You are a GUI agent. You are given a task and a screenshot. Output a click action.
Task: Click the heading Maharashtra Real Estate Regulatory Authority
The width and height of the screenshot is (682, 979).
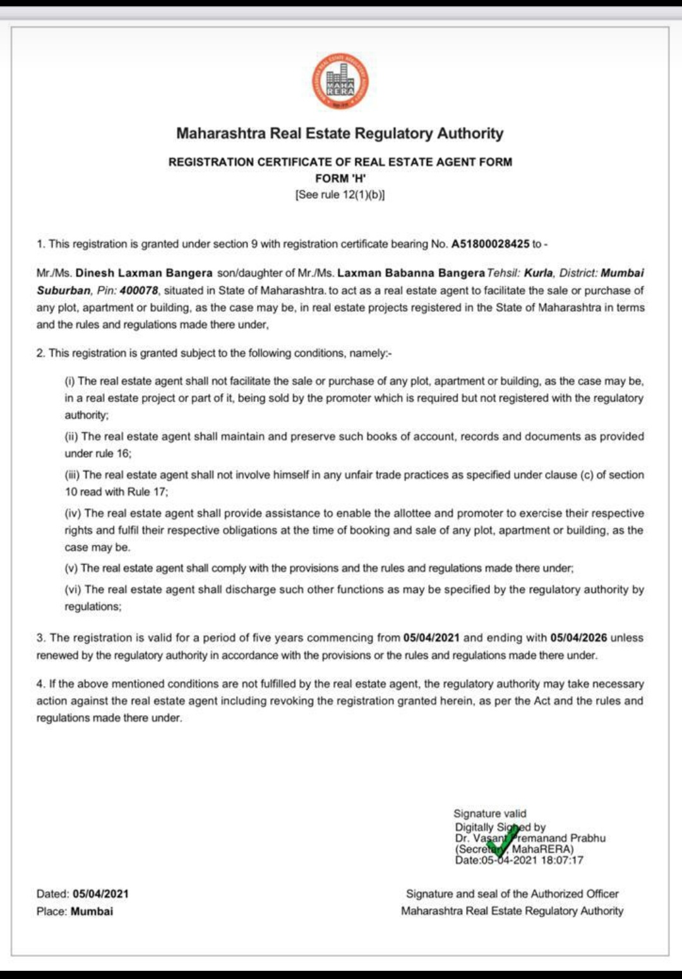(340, 134)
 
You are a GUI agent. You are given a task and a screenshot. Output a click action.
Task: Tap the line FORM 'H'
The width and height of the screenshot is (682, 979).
(340, 179)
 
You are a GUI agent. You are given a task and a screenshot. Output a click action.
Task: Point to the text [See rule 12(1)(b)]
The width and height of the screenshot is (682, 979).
(340, 195)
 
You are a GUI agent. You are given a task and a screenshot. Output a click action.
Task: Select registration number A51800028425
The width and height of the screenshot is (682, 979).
(490, 244)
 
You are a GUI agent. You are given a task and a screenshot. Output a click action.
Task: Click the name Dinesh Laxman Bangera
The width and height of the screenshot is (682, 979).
(144, 273)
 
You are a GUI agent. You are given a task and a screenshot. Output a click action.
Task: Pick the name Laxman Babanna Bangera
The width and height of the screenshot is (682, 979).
(411, 273)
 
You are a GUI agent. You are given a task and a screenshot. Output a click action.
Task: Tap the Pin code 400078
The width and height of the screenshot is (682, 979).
(138, 290)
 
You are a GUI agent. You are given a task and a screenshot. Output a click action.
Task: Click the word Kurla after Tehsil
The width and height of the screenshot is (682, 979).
(538, 273)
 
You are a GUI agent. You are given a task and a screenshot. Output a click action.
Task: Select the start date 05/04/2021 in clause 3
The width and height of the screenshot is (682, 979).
(431, 638)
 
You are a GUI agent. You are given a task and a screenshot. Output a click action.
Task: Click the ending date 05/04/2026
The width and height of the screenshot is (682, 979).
(578, 638)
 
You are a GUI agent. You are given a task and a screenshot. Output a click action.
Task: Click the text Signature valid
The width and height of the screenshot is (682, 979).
(489, 814)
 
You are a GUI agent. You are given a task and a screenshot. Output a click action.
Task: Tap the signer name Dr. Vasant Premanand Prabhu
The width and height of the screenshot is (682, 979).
(530, 838)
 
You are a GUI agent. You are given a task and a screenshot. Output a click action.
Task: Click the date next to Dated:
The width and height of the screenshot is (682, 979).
(100, 894)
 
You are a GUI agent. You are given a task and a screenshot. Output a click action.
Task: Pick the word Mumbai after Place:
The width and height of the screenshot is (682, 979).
(92, 911)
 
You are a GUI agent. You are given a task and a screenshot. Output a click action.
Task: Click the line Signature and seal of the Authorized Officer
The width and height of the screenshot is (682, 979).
(512, 894)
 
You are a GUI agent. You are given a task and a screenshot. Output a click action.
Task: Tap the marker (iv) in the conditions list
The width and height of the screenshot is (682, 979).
(73, 514)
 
